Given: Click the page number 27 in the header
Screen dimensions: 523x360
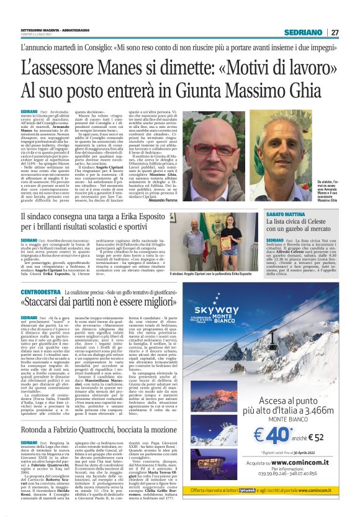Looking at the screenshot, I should [335, 32].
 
